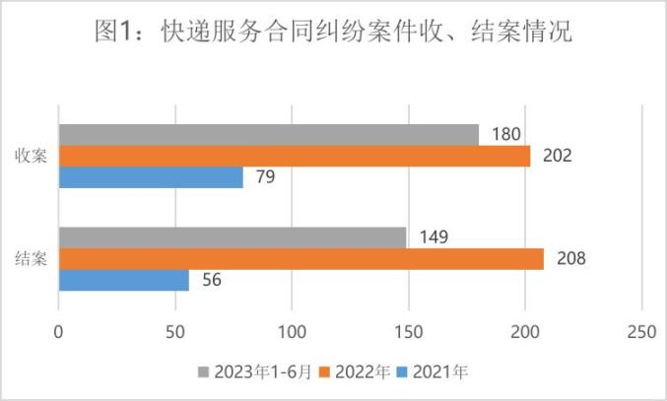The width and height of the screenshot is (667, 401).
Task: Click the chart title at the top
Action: tap(333, 33)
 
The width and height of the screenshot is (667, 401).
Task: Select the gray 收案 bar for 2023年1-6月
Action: tap(269, 135)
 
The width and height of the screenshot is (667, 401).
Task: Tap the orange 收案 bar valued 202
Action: tap(295, 156)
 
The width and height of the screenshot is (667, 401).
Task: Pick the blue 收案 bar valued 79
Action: tap(151, 177)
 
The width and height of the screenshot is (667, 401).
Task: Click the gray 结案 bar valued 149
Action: tap(233, 237)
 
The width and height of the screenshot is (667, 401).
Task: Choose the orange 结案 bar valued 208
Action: tap(301, 258)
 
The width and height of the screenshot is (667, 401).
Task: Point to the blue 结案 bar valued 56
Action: tap(124, 280)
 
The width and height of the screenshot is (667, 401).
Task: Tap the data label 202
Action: tap(556, 156)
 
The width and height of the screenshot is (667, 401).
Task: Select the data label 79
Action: tap(265, 177)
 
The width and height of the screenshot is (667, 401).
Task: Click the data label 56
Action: tap(211, 280)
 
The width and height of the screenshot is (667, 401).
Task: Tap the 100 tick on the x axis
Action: tap(292, 332)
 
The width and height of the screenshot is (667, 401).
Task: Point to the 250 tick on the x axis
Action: tap(642, 332)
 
